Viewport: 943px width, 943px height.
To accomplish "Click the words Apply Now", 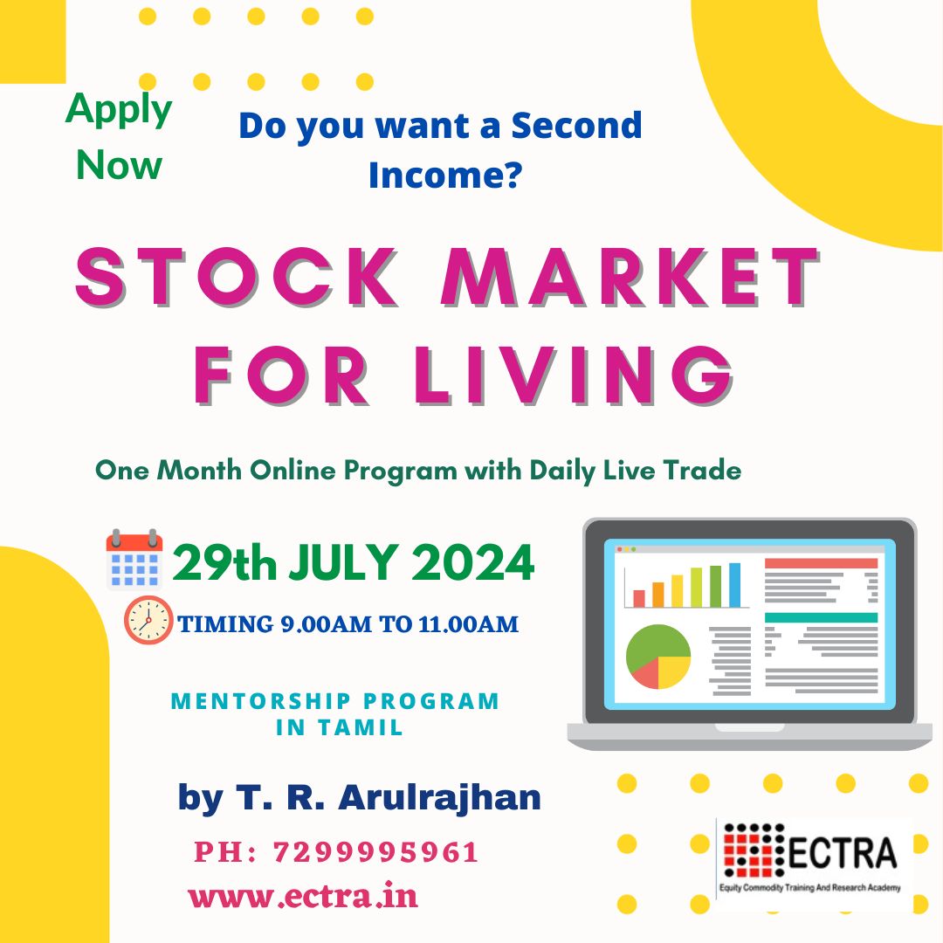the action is point(119,137).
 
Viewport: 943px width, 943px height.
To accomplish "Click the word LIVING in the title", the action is point(574,375).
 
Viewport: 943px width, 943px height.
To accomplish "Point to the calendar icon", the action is point(134,560).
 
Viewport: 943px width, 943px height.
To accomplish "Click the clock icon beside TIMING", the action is point(148,620).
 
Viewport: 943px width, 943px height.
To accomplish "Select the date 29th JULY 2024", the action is point(354,562).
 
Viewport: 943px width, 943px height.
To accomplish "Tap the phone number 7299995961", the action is point(375,852).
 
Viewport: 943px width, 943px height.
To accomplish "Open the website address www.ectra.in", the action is point(303,896).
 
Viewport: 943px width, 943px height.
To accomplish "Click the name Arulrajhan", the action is point(439,798).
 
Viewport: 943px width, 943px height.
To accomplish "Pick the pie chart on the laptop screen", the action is point(658,656).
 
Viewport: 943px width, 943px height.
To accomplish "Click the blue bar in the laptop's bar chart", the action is point(735,585).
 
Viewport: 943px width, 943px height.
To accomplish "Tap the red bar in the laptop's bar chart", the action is point(638,598).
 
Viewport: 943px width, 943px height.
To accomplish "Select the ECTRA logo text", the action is point(842,853).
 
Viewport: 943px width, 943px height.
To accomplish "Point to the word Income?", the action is point(445,175).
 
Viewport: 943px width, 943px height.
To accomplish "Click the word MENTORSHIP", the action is point(261,701).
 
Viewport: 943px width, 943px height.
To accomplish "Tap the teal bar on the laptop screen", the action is point(821,617).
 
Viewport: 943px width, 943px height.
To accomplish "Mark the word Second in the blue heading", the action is point(577,125).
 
